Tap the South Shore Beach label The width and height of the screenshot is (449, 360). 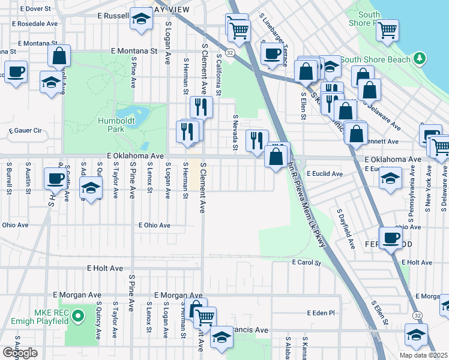pos(375,59)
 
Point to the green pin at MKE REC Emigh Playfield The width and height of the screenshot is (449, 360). pos(77,316)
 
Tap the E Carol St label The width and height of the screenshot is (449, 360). pos(307,262)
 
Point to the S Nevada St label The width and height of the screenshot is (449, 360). pos(236,132)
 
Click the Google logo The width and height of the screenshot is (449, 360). pos(20,352)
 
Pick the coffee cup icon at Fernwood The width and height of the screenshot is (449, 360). pos(391,237)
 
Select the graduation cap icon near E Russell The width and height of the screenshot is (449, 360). pos(141,19)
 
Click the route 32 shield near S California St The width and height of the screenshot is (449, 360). pos(230,52)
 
